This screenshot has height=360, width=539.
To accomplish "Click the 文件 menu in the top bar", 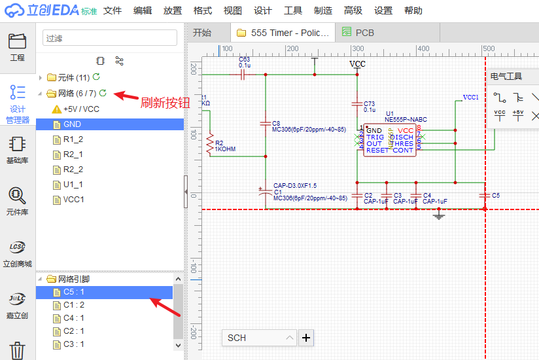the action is [x=113, y=11].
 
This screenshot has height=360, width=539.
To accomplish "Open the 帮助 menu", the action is [x=413, y=11].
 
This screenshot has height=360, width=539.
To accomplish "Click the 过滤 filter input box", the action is [x=110, y=38].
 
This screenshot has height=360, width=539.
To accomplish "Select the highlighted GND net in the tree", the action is [x=72, y=124].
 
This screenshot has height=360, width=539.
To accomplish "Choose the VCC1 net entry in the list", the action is [x=73, y=200].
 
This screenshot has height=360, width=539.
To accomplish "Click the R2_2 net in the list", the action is [x=73, y=170].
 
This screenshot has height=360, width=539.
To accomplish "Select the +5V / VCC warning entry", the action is [x=81, y=109].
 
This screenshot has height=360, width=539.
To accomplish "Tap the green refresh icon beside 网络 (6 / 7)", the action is [x=103, y=94].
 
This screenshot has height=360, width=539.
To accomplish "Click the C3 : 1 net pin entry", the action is [x=73, y=344].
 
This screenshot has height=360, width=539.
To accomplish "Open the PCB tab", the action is [x=365, y=33].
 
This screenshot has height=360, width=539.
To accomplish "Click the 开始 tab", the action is [x=202, y=33].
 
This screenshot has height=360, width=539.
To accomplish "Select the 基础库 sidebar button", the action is [x=17, y=149].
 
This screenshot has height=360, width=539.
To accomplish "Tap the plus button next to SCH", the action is [x=305, y=338].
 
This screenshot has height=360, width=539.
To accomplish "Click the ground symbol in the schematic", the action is [x=439, y=215].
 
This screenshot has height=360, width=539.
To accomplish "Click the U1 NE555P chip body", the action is [x=390, y=138].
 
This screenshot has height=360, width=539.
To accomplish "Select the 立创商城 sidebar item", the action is [x=17, y=254].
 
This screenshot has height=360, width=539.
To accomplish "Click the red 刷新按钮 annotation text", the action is [x=165, y=103].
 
